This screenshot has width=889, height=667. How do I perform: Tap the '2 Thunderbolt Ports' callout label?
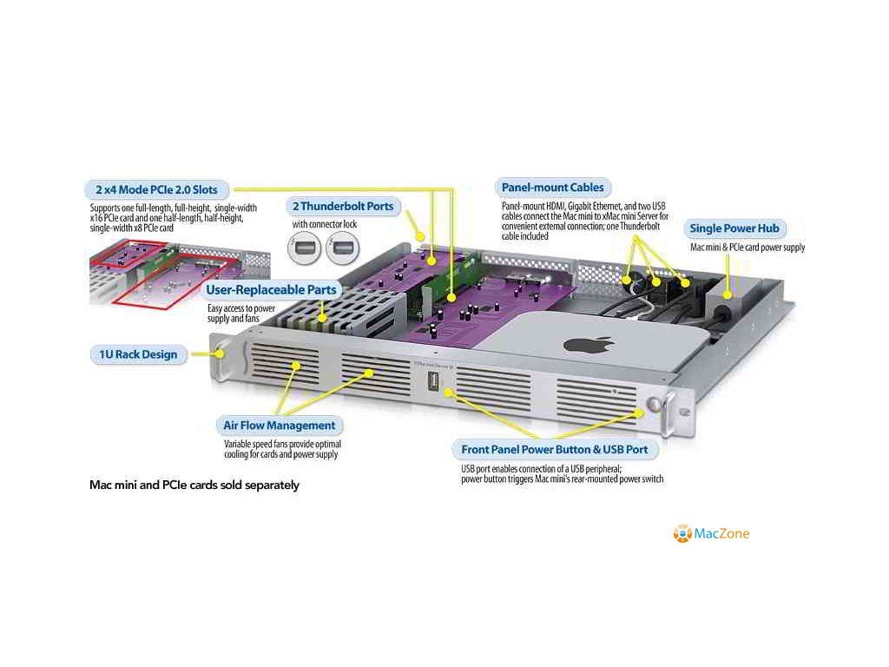point(343,207)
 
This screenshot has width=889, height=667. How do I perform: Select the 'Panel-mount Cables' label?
point(552,187)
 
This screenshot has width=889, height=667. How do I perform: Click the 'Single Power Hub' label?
point(734,228)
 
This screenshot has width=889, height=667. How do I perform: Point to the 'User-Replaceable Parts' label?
point(270,289)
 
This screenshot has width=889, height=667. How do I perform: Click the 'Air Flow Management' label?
point(278,426)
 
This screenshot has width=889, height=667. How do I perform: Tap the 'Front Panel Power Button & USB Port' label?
point(554,450)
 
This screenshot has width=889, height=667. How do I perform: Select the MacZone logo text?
point(721,533)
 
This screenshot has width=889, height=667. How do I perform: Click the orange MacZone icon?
point(682,533)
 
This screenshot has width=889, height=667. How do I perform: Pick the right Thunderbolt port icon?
point(340,249)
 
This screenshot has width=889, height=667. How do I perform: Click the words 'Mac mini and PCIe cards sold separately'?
point(194,485)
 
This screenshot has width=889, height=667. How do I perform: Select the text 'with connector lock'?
point(324,225)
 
